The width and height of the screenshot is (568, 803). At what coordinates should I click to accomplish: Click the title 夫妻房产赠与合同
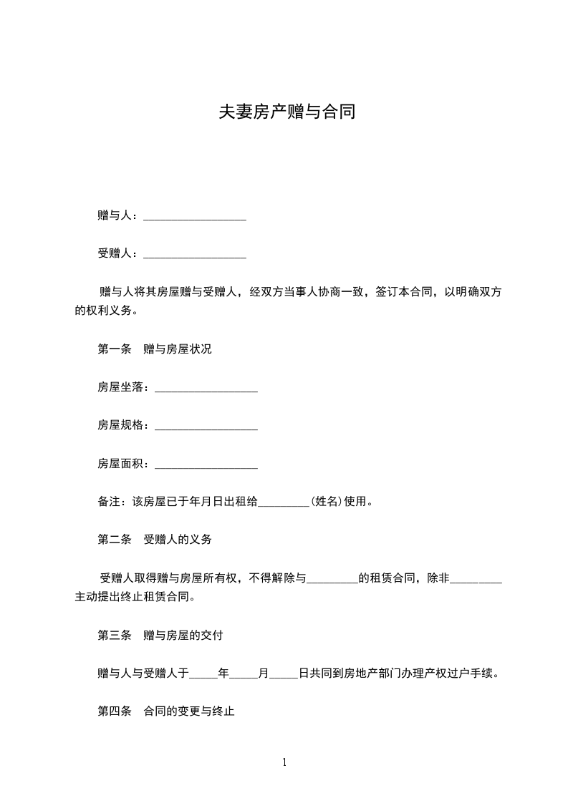click(287, 112)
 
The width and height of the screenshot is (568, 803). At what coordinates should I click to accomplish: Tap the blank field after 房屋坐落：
click(206, 389)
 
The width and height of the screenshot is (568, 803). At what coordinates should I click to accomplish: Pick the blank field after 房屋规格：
click(206, 427)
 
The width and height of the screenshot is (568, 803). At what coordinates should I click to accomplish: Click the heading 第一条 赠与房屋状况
click(154, 350)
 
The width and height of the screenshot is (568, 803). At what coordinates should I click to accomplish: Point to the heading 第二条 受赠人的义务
click(154, 540)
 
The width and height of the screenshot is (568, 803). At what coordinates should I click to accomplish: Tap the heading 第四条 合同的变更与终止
click(166, 712)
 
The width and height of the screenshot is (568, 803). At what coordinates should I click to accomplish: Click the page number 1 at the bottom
click(284, 762)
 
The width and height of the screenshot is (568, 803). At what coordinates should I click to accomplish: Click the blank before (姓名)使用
click(282, 502)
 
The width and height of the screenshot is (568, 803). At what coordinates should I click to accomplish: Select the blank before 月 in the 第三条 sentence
click(244, 674)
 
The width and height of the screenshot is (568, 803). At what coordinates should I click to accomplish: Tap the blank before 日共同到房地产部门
click(284, 674)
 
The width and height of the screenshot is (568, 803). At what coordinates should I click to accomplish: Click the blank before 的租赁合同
click(332, 579)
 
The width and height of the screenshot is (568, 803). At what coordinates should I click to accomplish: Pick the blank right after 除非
click(476, 579)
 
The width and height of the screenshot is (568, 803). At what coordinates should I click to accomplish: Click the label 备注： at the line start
click(111, 502)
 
